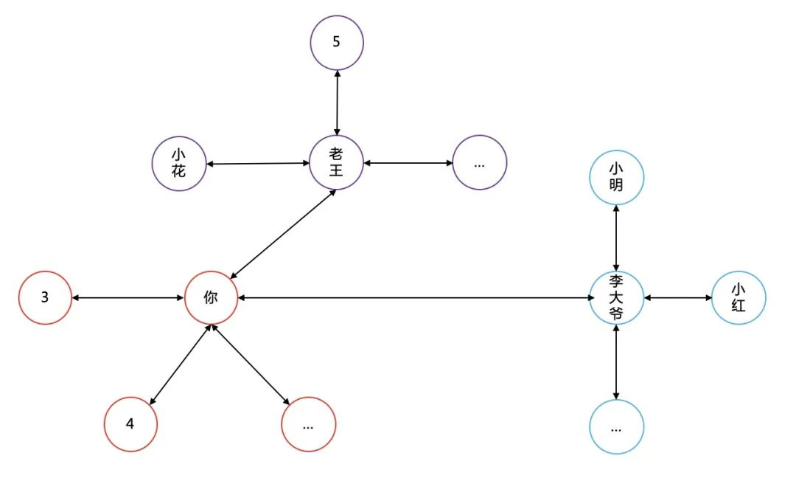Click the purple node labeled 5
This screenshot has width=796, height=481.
(337, 42)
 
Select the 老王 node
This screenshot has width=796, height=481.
(337, 162)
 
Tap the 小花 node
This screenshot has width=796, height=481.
(178, 163)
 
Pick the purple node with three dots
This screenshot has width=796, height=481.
(480, 162)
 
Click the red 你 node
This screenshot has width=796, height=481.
(212, 298)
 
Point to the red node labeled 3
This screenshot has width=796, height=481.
(45, 298)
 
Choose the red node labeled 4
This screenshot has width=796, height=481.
(130, 424)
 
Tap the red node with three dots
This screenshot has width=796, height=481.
(308, 424)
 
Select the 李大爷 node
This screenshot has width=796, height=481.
(617, 298)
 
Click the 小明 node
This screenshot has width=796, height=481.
(617, 178)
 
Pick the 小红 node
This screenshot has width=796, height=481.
(739, 298)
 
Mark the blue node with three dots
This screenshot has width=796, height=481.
(617, 426)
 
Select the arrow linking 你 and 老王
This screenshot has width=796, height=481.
(284, 233)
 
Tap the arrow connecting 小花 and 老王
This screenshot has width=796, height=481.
(257, 163)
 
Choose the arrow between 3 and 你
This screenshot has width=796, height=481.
(128, 298)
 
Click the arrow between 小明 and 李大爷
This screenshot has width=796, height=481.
(617, 238)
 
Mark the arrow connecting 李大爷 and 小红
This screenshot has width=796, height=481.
(678, 298)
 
